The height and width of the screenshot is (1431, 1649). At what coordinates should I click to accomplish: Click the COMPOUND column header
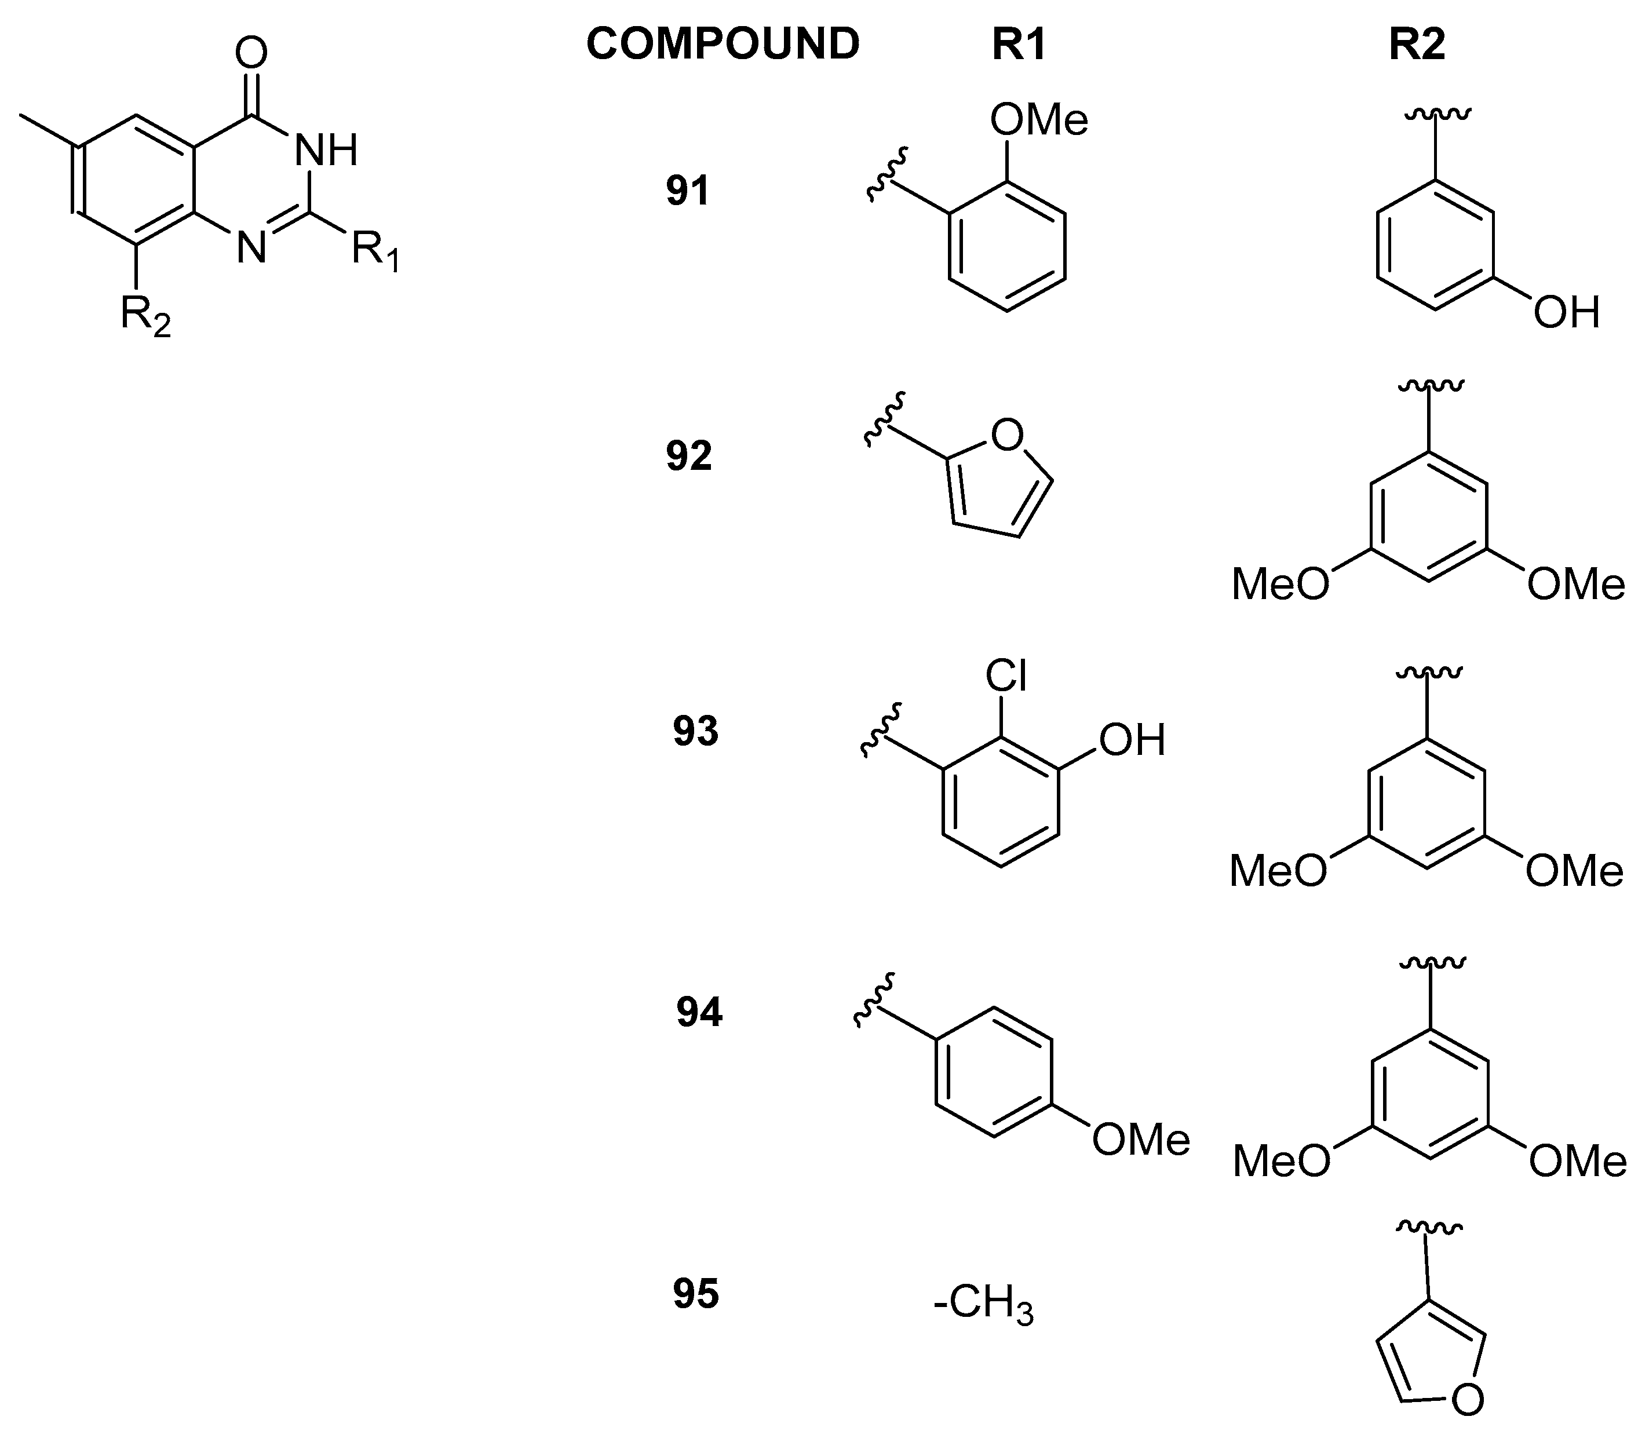[722, 44]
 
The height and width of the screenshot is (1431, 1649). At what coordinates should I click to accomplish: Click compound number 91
[688, 192]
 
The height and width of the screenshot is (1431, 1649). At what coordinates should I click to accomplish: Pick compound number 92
[688, 456]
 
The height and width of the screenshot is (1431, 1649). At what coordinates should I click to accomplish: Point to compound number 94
[699, 1013]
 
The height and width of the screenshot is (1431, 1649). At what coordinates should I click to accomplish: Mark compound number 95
[695, 1294]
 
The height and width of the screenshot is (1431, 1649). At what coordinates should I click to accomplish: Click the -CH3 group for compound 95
[983, 1306]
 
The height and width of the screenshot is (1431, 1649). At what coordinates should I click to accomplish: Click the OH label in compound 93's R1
[1132, 740]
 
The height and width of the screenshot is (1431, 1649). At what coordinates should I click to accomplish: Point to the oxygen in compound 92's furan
[1006, 435]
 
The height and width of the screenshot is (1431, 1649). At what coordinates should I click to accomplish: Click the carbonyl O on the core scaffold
[251, 53]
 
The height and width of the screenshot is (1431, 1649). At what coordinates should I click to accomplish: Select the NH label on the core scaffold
[326, 150]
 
